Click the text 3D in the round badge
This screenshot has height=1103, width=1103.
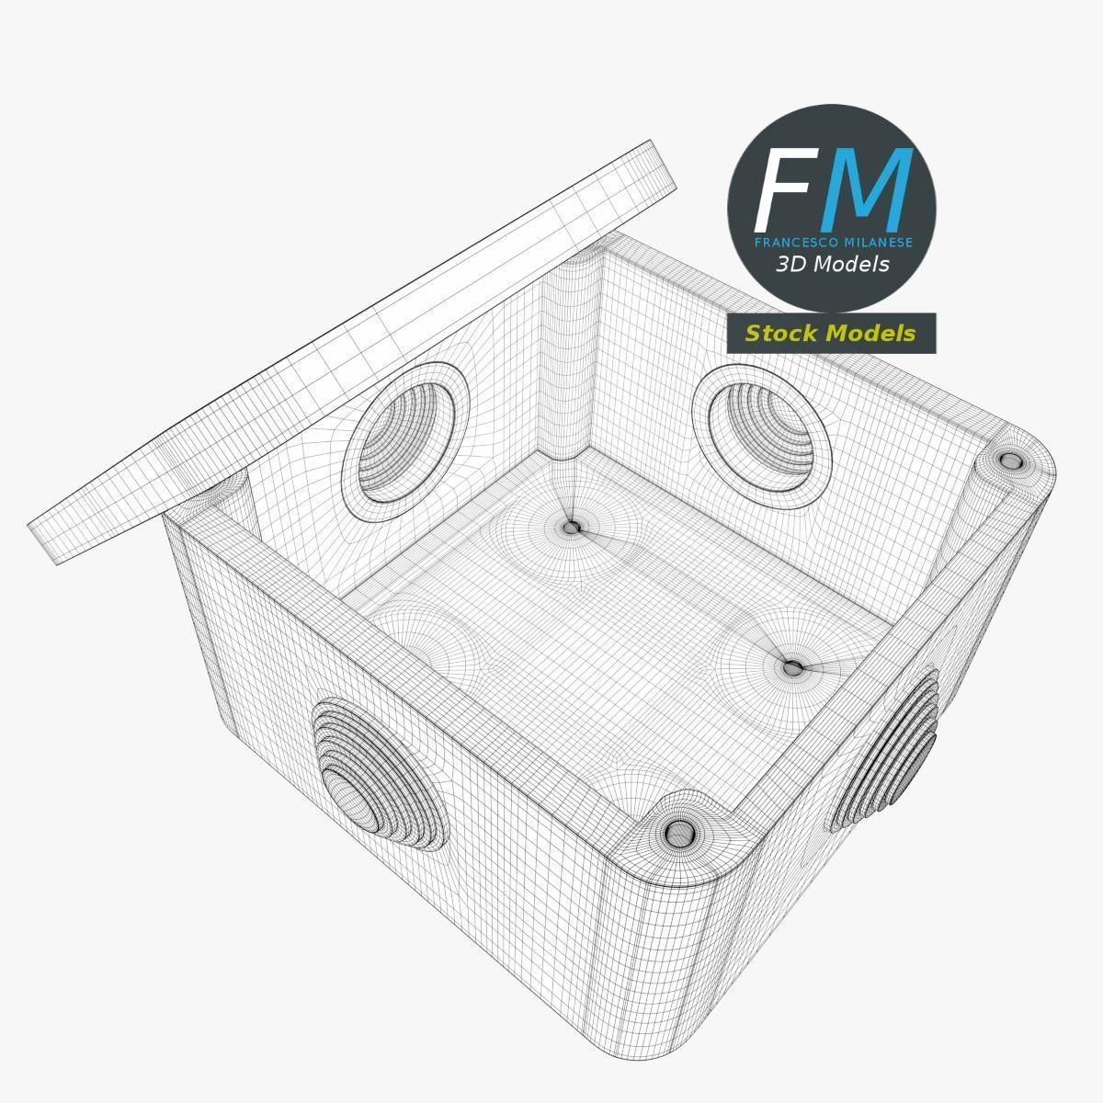790,265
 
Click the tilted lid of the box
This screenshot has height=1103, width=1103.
349,349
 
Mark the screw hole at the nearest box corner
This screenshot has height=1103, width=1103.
678,834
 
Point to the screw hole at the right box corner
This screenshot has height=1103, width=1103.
1010,461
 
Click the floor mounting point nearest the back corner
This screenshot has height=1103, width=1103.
572,528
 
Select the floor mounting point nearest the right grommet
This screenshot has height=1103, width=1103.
792,667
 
